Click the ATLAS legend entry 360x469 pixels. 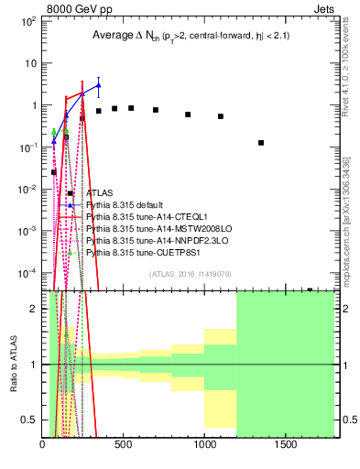pyautogui.click(x=100, y=193)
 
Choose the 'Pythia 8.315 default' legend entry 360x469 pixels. pyautogui.click(x=125, y=205)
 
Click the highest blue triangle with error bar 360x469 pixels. pyautogui.click(x=99, y=85)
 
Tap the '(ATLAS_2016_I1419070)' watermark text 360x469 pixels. pyautogui.click(x=189, y=273)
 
